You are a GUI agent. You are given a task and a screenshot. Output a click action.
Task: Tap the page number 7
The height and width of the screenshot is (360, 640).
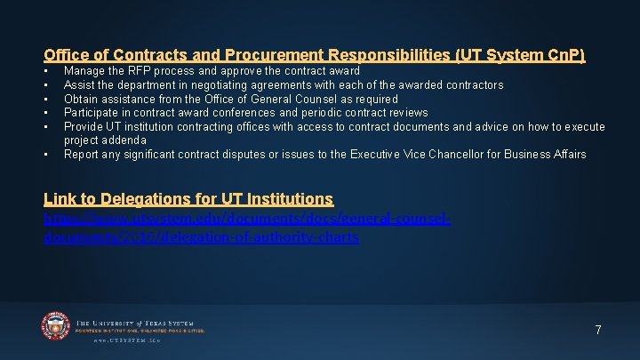598,330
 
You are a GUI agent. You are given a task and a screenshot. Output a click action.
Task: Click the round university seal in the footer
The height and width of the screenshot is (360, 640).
55,326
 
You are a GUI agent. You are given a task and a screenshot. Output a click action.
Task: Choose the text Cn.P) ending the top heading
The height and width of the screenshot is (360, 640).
564,55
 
